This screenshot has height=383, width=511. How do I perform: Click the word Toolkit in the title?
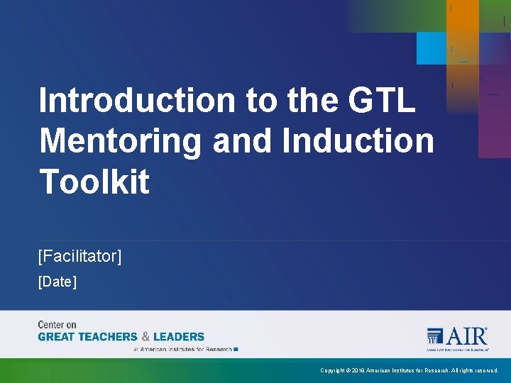[x=94, y=182]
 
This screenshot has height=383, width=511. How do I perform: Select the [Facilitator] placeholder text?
[x=79, y=255]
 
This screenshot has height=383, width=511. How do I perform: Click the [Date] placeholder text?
[x=57, y=282]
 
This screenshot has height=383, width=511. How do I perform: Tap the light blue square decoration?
[x=432, y=48]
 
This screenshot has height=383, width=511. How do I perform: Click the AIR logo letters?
[x=468, y=335]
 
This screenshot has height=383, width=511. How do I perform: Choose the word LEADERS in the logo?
[x=178, y=337]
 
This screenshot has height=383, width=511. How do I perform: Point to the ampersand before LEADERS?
[x=145, y=337]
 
